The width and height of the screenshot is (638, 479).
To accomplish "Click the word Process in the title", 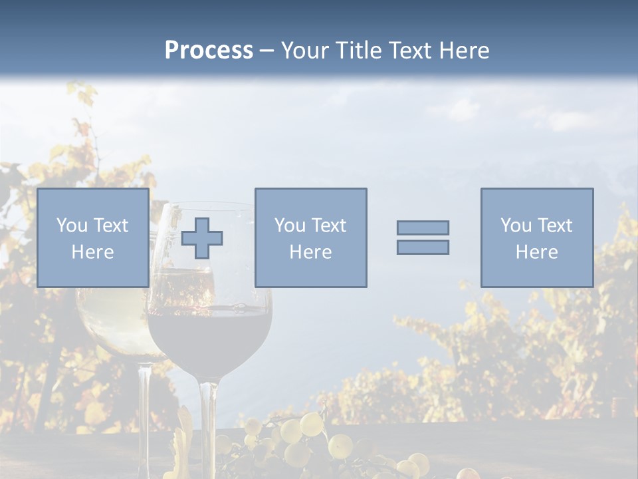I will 209,50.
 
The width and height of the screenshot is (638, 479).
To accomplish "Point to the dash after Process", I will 267,51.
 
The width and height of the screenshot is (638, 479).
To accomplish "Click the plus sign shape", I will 202,238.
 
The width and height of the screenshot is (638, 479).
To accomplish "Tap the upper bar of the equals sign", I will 423,228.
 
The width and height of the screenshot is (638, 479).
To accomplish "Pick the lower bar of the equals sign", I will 423,247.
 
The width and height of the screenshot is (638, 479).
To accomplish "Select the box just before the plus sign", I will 93,238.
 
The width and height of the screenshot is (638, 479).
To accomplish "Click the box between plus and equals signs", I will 310,238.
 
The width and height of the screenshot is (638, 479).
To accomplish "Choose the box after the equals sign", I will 537,238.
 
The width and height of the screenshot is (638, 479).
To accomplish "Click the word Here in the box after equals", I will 537,252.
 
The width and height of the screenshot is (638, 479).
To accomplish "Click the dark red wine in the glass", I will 209,339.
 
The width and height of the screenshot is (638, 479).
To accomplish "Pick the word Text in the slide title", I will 409,50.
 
